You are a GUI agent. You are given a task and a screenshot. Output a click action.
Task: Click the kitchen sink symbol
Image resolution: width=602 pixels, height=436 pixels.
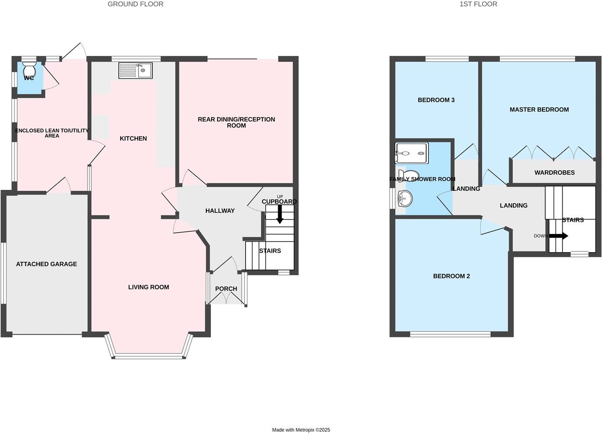pos(135,71)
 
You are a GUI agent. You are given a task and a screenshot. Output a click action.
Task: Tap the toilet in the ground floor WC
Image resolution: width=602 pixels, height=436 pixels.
pos(29,69)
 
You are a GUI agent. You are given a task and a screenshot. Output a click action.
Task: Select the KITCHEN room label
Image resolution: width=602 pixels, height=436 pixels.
pos(133,138)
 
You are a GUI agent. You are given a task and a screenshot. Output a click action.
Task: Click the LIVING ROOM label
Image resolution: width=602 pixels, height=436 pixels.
pos(148,287)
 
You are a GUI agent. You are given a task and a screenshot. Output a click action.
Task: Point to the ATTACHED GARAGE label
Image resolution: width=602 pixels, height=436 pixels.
pos(46,264)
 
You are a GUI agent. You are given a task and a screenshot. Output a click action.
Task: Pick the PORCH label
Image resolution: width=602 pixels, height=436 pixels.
pos(226,289)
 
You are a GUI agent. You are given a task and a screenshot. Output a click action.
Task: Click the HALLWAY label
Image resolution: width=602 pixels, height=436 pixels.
pos(220,211)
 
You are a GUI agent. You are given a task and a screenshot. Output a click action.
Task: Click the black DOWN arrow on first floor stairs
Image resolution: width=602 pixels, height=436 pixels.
pos(558,236)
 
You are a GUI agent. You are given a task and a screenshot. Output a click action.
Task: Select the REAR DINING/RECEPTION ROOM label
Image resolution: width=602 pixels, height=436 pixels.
pos(236,122)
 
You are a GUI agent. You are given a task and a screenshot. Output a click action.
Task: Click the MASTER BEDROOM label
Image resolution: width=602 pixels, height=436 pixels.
pos(539,109)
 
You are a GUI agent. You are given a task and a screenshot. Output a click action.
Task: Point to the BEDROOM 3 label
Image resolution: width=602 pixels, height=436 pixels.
pos(436,100)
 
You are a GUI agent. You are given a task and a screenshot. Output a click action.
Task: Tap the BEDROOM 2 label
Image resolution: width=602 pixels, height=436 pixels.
pos(451,276)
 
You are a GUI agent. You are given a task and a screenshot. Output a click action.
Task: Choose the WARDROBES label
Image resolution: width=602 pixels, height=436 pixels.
pos(554,173)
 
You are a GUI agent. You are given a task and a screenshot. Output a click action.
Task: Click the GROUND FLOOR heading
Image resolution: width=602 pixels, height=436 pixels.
pos(135,4)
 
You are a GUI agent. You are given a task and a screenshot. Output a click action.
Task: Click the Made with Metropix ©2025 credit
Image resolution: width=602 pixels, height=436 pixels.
pos(301,430)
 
